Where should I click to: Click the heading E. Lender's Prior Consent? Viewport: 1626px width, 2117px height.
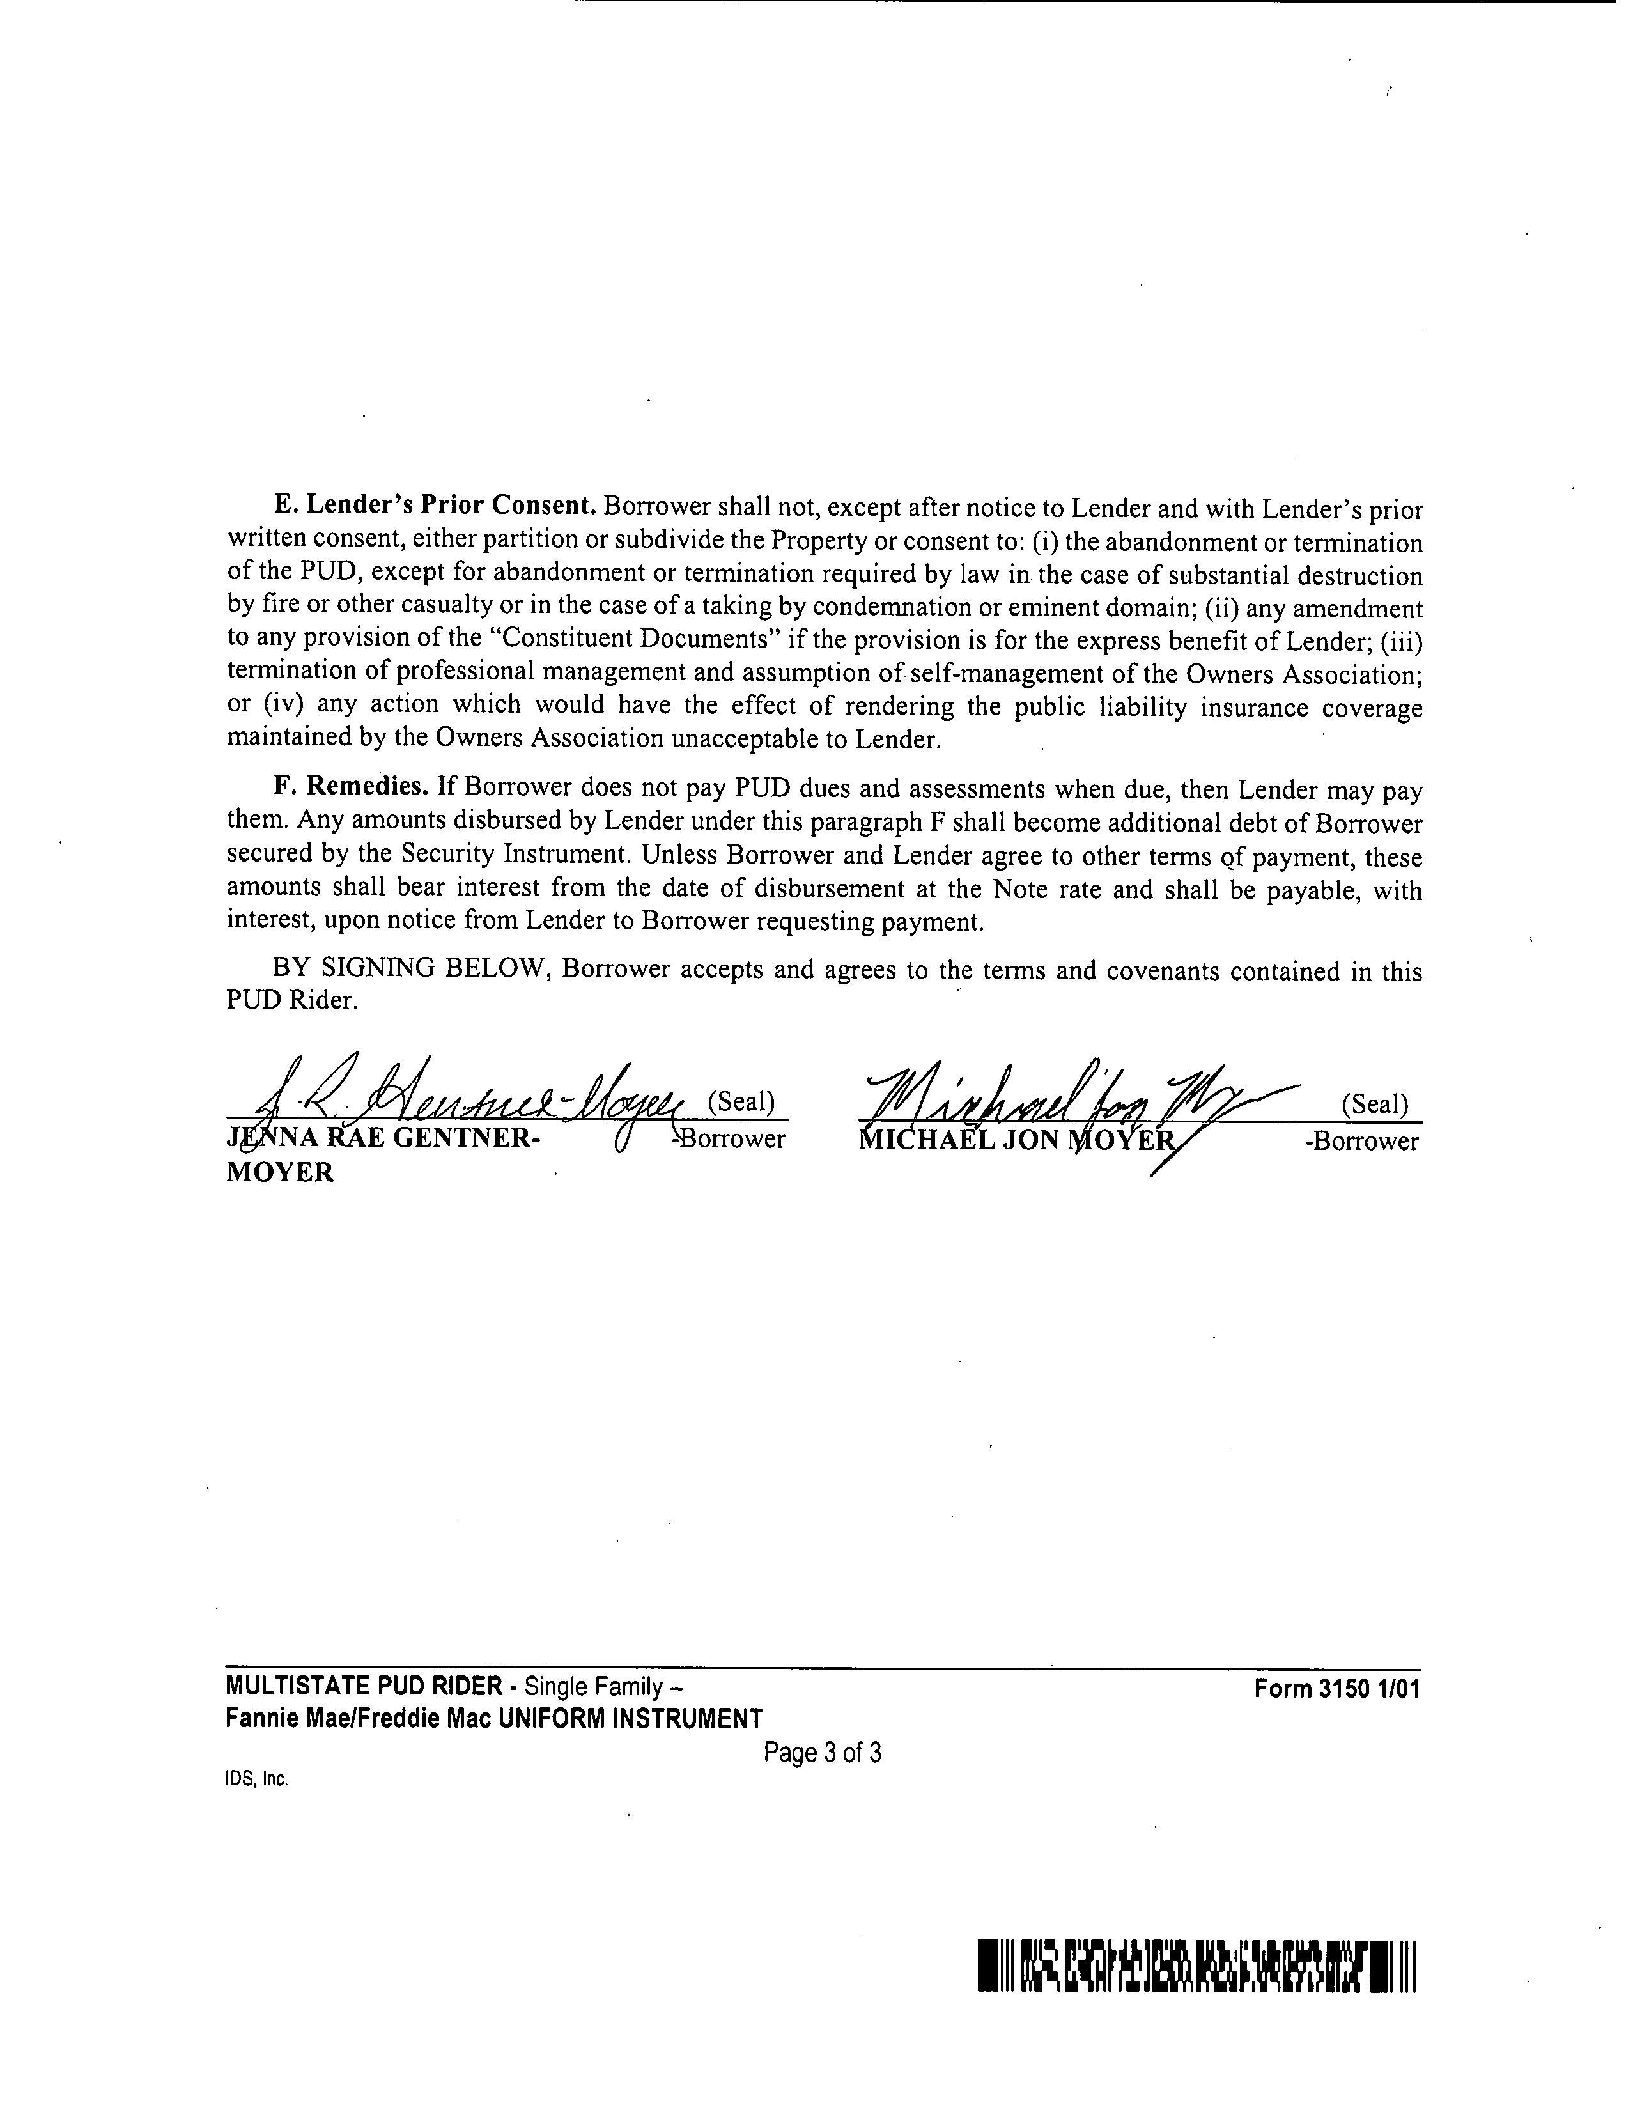pos(433,506)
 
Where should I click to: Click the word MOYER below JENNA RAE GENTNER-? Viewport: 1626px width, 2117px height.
pos(280,1172)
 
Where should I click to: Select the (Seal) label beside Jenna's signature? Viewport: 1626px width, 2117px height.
pos(741,1101)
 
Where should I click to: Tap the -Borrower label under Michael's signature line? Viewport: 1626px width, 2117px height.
pos(1361,1141)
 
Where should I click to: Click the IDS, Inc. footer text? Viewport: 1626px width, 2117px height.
pos(256,1779)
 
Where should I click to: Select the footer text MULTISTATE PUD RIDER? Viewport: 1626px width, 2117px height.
pos(364,1686)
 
